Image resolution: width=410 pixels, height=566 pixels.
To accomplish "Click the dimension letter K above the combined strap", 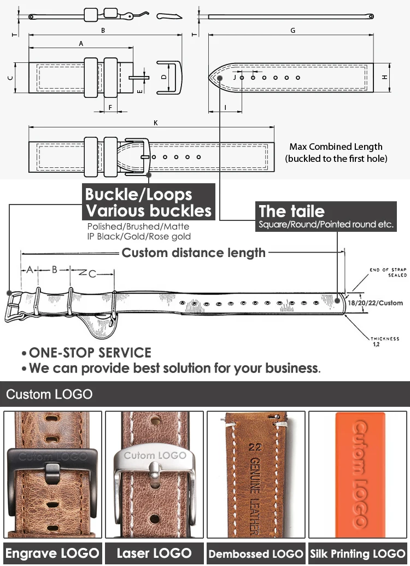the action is pos(156,123).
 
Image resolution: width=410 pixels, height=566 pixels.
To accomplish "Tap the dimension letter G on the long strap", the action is pos(293,31).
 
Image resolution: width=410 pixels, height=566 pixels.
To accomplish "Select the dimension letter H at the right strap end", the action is pos(385,78).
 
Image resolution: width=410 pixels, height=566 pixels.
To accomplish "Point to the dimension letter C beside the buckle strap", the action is pos(10,78).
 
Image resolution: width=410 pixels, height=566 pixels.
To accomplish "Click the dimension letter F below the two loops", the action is pos(110,107).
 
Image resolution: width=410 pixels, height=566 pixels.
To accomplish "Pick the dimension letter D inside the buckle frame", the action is pos(163,77).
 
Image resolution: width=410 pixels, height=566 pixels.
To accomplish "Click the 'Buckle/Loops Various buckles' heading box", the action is pos(148,202).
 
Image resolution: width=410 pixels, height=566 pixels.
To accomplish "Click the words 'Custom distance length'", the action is pos(194,253).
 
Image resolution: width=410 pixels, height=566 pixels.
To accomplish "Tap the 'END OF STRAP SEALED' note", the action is pos(389,272).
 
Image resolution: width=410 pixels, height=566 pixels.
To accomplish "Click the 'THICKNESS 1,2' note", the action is pos(385,342).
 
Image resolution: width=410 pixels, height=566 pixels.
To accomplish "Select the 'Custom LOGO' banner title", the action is pos(49,394).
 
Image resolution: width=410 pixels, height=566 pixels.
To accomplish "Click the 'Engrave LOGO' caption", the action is pos(52,553).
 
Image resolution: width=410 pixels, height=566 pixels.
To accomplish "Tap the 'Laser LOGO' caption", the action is pos(154,553).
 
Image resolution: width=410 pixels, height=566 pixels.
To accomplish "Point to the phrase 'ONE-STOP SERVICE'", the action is pos(90,353).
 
